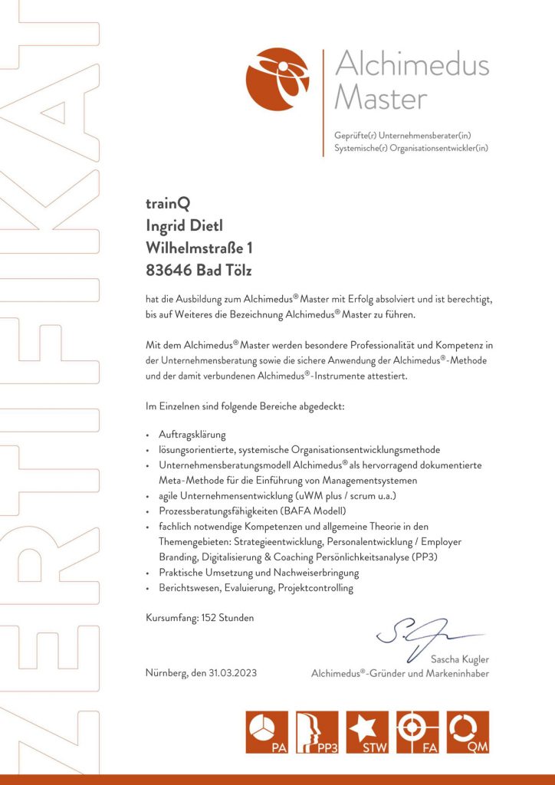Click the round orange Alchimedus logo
pos(277,79)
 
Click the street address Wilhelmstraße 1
pos(199,248)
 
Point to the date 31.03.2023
pos(232,673)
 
